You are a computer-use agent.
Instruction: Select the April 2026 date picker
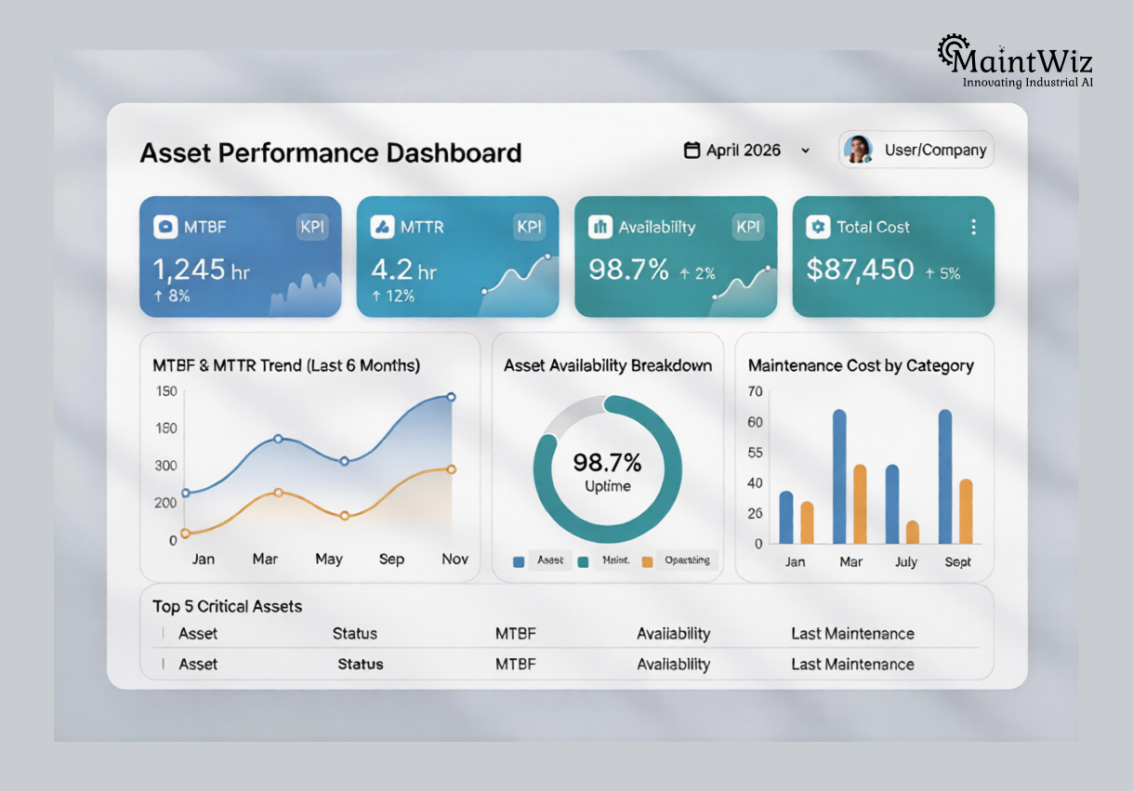746,150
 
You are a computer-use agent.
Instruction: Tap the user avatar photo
858,150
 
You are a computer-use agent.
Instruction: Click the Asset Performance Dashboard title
330,152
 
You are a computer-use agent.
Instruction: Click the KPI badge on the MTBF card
312,227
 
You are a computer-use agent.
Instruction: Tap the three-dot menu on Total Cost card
973,227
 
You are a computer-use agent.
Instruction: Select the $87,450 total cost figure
861,270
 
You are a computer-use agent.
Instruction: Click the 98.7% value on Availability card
628,270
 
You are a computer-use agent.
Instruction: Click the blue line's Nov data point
452,397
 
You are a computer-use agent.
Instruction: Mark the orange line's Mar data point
278,492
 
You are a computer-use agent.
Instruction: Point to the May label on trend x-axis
329,560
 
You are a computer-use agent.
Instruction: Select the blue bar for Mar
839,476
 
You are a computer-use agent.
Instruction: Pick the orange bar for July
913,532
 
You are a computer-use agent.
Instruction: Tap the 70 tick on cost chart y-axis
755,391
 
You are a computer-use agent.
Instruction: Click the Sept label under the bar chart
957,561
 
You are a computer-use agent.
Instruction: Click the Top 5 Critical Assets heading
228,606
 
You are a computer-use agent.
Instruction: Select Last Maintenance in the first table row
852,634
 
